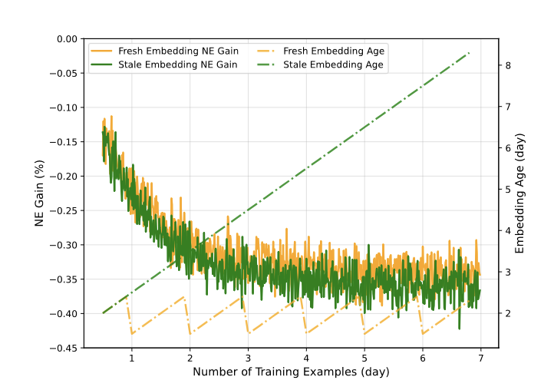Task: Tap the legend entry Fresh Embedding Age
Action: coord(334,51)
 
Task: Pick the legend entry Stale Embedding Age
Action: coord(334,64)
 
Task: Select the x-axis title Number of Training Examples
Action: coord(291,372)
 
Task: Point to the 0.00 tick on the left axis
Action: coord(68,38)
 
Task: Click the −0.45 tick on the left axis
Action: coord(64,348)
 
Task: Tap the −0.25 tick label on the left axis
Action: coord(64,210)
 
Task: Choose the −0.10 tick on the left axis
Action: coord(64,107)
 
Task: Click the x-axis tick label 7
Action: coord(480,359)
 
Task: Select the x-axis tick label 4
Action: coord(306,359)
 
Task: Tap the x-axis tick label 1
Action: coord(132,359)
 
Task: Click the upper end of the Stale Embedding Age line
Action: coord(470,52)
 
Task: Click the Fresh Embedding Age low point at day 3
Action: coord(249,333)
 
